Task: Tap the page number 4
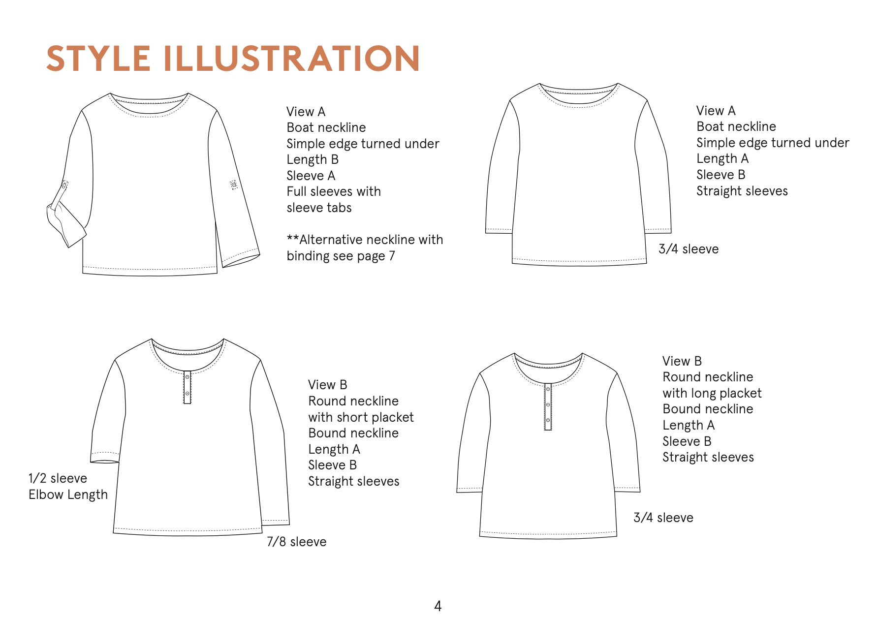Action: [x=438, y=606]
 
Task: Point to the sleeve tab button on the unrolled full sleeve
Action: [x=234, y=185]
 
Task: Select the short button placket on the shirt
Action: [x=187, y=387]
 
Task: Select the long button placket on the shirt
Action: [x=548, y=406]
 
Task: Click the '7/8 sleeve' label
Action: [x=296, y=542]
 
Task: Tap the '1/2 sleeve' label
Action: [x=58, y=478]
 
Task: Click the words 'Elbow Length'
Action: [x=68, y=494]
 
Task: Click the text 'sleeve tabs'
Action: [x=319, y=208]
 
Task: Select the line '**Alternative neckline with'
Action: [x=365, y=240]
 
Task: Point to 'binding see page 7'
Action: [x=341, y=256]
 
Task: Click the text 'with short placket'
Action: [x=361, y=417]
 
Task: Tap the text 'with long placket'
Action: [x=712, y=393]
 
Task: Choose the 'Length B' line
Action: [x=313, y=159]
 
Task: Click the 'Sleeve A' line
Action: [x=311, y=176]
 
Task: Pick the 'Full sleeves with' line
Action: [x=334, y=191]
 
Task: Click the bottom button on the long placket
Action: [x=548, y=421]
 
